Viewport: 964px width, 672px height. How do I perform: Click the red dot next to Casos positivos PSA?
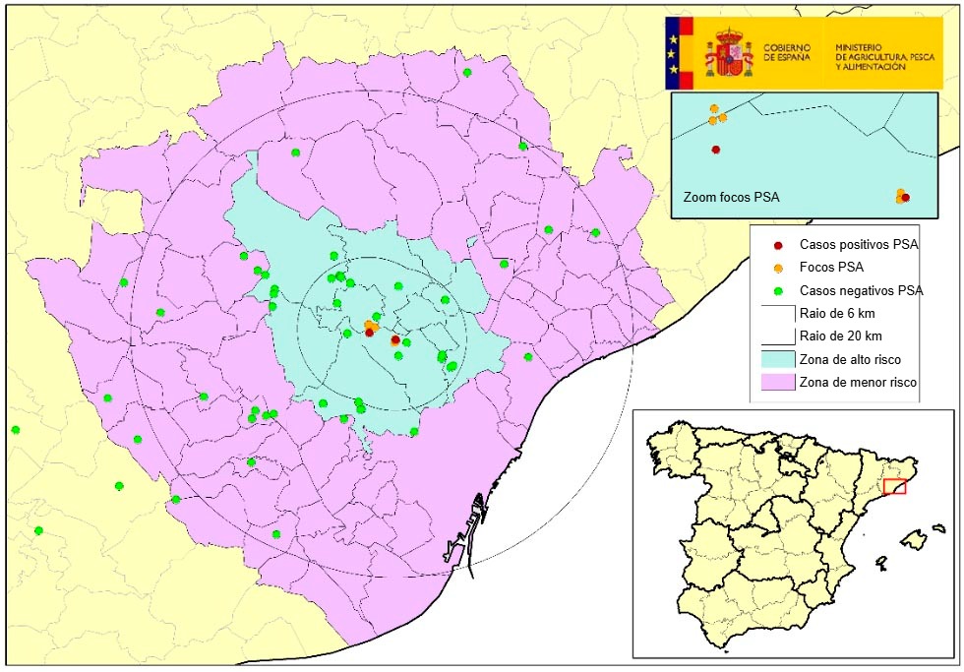point(778,245)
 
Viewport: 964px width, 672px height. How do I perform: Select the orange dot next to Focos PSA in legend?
point(778,268)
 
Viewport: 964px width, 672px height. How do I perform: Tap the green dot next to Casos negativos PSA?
point(778,290)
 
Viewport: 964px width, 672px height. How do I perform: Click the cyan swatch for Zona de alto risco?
point(777,359)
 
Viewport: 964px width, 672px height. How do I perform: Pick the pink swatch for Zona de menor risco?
point(777,382)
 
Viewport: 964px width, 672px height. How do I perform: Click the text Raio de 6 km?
point(836,314)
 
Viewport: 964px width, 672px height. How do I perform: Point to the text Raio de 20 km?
point(839,336)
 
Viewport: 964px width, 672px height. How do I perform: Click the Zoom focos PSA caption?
point(730,198)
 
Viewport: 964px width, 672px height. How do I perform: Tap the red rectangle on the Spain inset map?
point(895,485)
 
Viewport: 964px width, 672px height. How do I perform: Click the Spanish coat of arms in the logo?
point(728,53)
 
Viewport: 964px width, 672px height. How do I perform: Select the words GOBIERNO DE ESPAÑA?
point(787,53)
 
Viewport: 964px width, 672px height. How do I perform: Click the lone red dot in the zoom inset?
point(715,150)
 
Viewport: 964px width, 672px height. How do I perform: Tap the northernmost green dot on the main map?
point(467,73)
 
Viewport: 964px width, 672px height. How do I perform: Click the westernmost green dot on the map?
point(16,430)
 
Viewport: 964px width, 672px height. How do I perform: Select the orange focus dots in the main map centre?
point(371,325)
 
